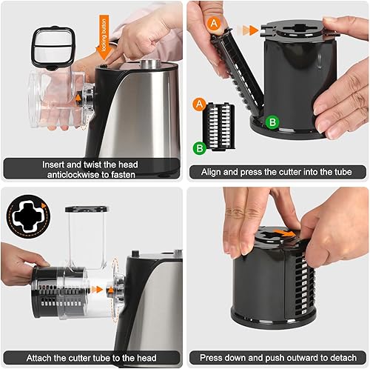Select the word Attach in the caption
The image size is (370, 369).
[x=30, y=356]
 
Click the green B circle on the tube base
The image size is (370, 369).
[x=272, y=121]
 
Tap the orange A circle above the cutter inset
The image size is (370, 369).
[x=199, y=103]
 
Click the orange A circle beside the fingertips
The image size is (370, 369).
[x=215, y=24]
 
